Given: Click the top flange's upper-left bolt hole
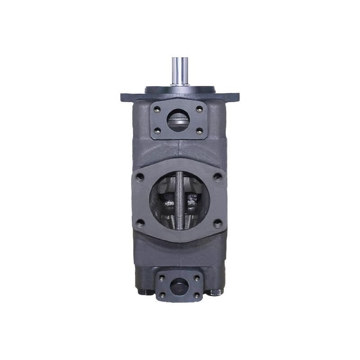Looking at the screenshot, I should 158,108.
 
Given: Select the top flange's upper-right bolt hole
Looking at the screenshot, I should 198,108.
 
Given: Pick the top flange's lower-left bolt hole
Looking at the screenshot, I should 158,130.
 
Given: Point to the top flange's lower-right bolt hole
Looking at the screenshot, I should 198,130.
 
